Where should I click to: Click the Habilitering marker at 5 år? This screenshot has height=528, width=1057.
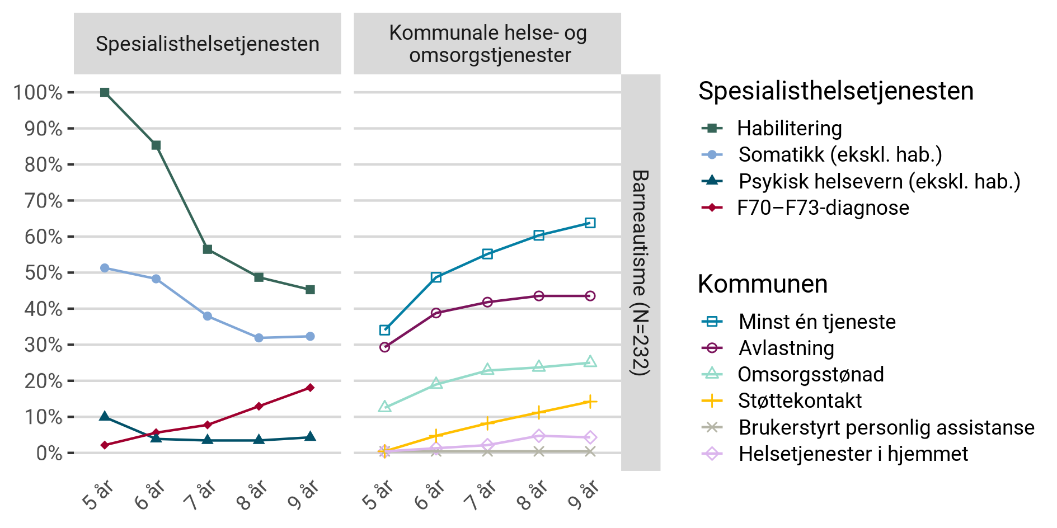click(105, 92)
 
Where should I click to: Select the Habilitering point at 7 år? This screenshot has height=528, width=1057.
click(208, 249)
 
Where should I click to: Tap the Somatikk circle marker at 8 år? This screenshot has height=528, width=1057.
click(259, 338)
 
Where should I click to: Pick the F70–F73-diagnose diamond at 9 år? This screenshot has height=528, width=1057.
click(310, 388)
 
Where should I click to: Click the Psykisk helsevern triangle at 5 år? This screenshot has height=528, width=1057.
click(105, 416)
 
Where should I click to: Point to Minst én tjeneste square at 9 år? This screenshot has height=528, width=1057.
click(590, 223)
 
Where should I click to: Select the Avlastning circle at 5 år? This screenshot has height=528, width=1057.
click(384, 347)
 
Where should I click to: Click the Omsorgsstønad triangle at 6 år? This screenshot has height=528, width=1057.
click(436, 384)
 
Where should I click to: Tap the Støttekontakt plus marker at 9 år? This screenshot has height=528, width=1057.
click(590, 402)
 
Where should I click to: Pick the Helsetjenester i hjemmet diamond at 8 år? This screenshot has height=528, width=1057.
click(538, 436)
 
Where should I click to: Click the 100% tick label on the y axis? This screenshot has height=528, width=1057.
click(37, 92)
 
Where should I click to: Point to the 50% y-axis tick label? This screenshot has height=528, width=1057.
click(43, 273)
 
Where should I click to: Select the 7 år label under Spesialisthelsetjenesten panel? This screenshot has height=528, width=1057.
click(200, 494)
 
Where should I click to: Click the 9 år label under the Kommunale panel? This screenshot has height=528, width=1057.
click(582, 494)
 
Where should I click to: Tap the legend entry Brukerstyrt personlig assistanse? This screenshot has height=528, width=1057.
click(886, 427)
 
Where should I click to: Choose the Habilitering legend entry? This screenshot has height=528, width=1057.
click(789, 128)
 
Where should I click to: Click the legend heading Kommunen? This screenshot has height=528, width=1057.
click(762, 284)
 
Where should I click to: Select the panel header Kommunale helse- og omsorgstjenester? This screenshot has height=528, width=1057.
click(487, 44)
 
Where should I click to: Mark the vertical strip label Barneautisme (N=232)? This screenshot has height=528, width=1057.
click(641, 272)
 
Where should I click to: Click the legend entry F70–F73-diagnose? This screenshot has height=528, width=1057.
click(823, 208)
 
